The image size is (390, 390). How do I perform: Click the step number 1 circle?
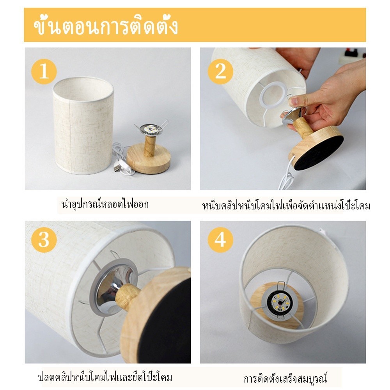click(44, 71)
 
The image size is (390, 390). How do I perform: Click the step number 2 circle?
click(220, 71)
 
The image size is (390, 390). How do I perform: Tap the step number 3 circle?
click(44, 240)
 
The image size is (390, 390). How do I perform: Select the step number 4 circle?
click(220, 240)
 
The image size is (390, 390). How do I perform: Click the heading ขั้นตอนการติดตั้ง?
click(106, 26)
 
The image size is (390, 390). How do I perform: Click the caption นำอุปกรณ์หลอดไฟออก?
click(105, 204)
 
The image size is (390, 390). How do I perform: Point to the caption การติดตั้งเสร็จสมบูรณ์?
click(285, 378)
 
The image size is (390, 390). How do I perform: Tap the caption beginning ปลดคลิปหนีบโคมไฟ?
click(105, 377)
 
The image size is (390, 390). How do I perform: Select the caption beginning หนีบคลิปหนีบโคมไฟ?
click(286, 206)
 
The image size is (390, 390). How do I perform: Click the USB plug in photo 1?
click(117, 168)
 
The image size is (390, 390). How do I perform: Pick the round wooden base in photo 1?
click(149, 160)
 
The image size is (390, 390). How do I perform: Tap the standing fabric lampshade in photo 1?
click(83, 125)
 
